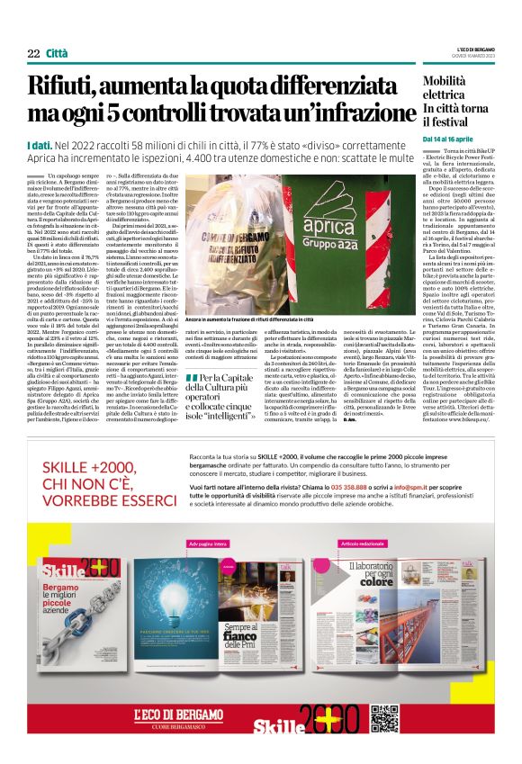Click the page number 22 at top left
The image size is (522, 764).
(x=33, y=53)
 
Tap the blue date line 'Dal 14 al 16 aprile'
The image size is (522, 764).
(x=448, y=139)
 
